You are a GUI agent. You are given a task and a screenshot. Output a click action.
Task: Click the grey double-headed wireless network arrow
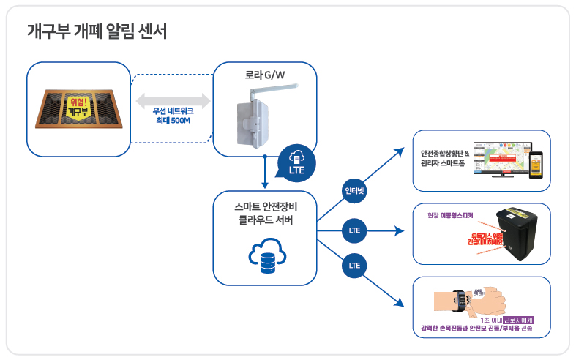(173, 99)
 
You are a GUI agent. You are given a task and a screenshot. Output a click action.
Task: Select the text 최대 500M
(173, 120)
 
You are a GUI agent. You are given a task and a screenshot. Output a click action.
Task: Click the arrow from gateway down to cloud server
(263, 172)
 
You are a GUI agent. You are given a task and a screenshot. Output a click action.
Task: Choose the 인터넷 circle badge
(355, 192)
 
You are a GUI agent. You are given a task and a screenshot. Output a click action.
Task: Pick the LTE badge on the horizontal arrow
(355, 230)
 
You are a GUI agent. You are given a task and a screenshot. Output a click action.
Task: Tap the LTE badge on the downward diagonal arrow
(355, 264)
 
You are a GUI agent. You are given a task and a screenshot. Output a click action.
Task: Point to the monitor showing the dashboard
(500, 159)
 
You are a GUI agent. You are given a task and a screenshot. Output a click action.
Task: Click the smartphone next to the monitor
(536, 165)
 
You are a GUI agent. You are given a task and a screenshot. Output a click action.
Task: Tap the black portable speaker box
(521, 233)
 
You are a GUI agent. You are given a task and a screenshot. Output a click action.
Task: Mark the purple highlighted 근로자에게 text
(513, 320)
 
